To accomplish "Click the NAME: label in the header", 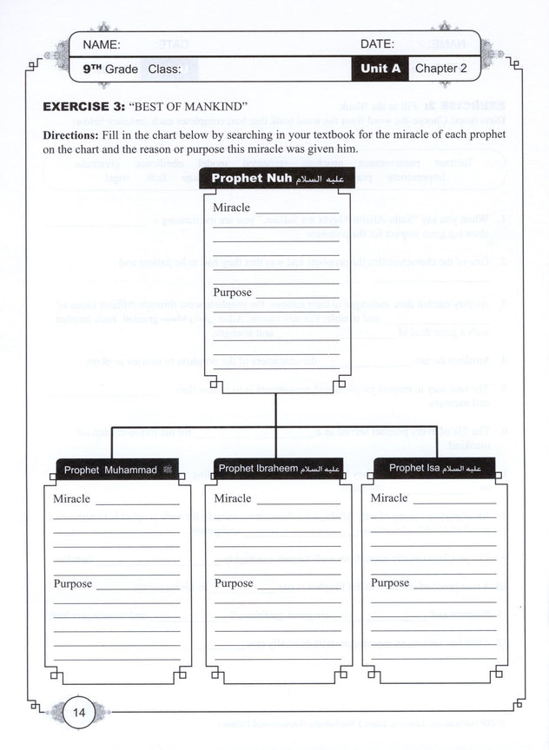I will (102, 44).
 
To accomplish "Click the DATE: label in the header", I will (377, 44).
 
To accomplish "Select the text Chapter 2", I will (440, 68).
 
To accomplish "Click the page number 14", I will (78, 713).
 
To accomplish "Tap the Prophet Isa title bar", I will (434, 469).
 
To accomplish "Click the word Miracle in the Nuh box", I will (232, 208).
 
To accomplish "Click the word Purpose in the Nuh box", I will (233, 293).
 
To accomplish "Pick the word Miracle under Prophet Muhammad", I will (72, 499).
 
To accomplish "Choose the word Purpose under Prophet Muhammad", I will (73, 584).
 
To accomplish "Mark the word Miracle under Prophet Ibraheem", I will (233, 499).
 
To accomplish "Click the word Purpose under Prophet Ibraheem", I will (234, 584).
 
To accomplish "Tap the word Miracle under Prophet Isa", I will (389, 498).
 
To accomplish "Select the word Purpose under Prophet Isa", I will (390, 583).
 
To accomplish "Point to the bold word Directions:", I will (73, 136).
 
